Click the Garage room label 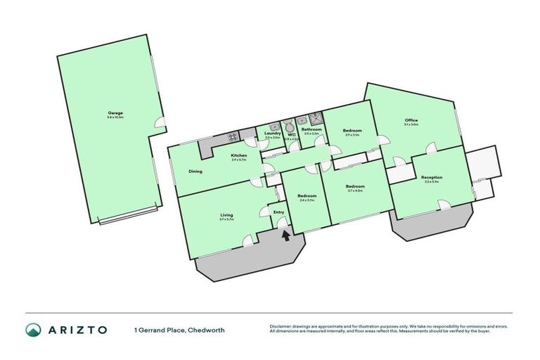click(115, 112)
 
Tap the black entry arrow click(285, 236)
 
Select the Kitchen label click(239, 155)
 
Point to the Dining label click(195, 171)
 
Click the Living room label click(226, 215)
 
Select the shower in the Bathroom click(316, 119)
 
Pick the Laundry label click(273, 133)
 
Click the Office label click(411, 120)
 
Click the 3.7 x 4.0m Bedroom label click(354, 186)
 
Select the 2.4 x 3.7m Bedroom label click(306, 195)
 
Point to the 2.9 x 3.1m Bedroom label click(352, 131)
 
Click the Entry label click(278, 212)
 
